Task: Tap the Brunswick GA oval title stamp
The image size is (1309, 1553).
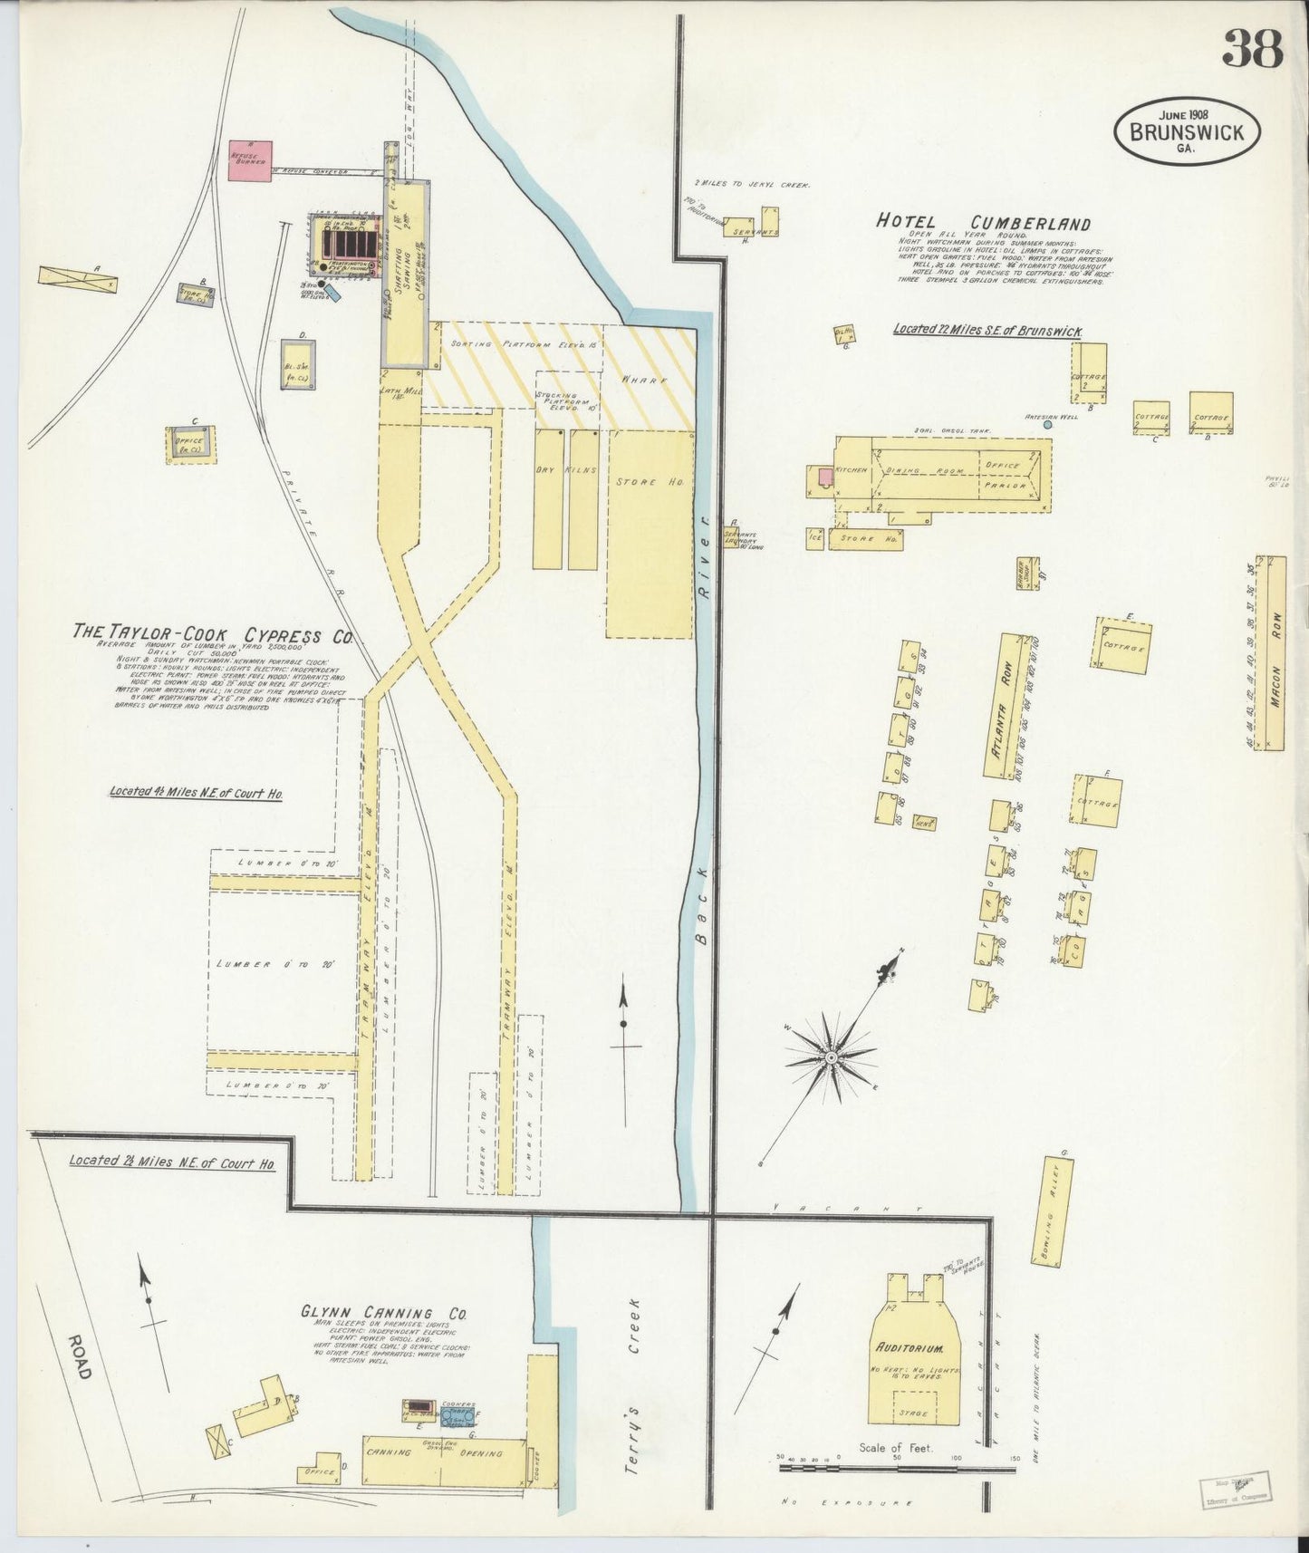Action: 1186,133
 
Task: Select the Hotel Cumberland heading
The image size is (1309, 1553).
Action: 983,223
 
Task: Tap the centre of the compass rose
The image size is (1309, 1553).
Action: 830,1057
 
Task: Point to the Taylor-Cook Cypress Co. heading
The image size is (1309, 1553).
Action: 213,633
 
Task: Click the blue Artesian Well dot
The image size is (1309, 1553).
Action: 1048,424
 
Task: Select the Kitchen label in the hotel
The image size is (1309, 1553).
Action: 854,470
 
